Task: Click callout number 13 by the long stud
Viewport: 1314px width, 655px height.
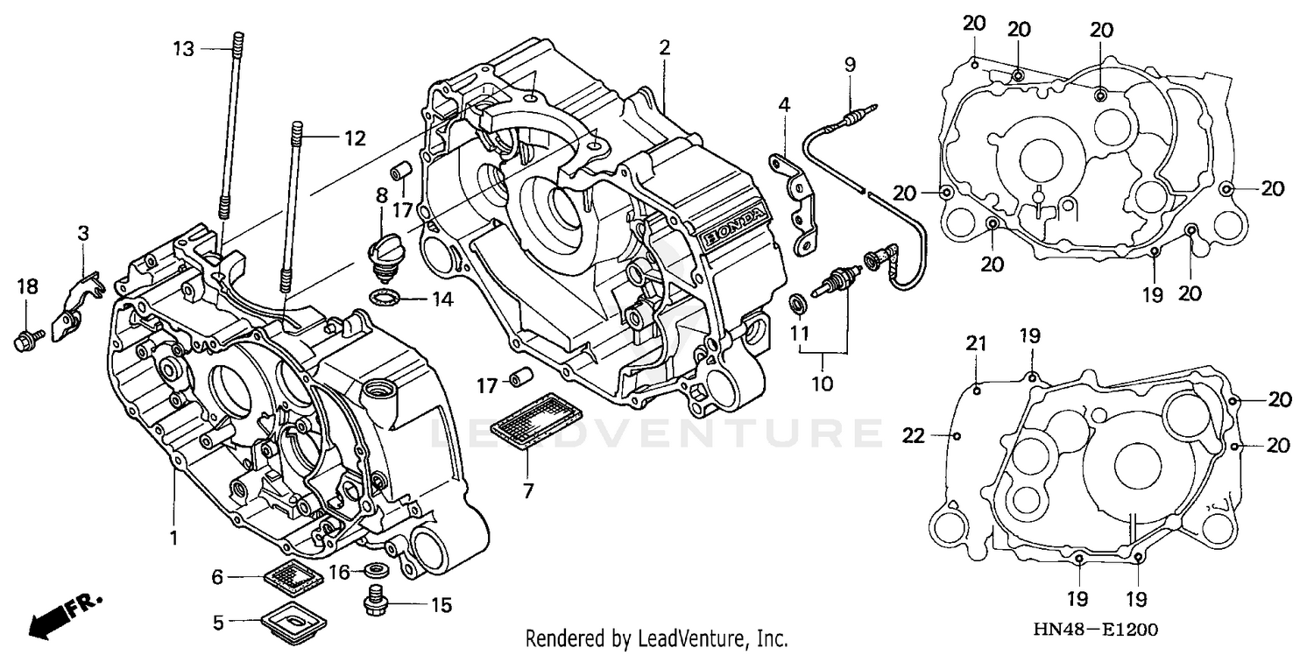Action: pyautogui.click(x=182, y=49)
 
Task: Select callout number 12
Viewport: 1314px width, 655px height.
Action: pyautogui.click(x=353, y=137)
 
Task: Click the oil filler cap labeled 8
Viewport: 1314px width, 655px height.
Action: pyautogui.click(x=382, y=253)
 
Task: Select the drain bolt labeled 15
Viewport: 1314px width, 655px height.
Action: pyautogui.click(x=375, y=602)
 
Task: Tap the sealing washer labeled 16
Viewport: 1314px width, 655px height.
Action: pyautogui.click(x=377, y=571)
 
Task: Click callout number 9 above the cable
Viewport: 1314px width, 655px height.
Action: pyautogui.click(x=849, y=65)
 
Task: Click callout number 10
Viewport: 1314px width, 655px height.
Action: pyautogui.click(x=823, y=383)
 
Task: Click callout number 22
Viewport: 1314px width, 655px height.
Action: pyautogui.click(x=914, y=435)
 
